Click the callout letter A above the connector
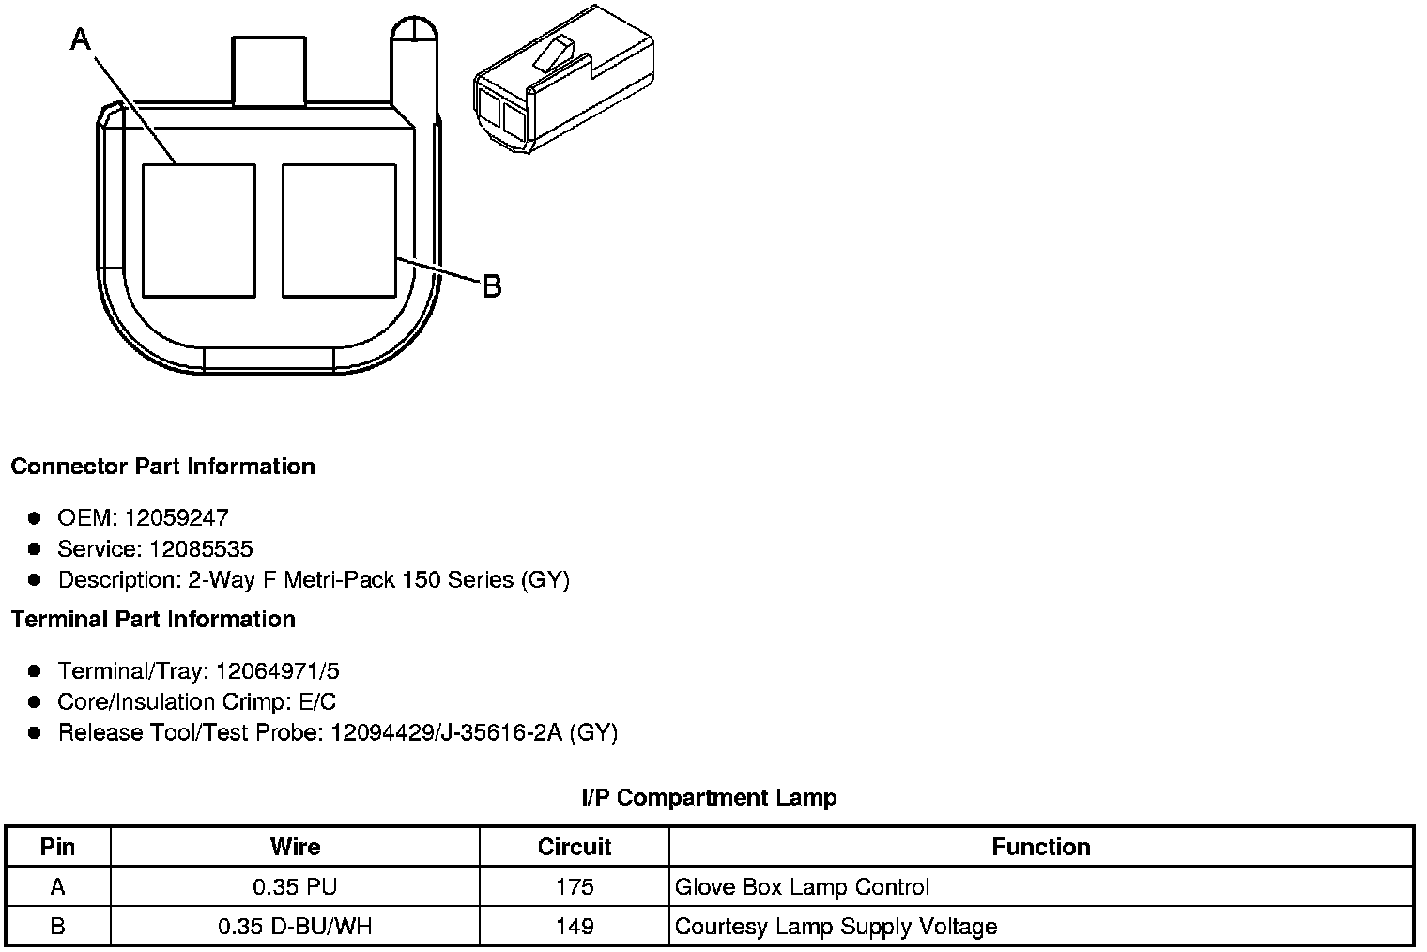[x=81, y=39]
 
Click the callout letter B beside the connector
[x=492, y=286]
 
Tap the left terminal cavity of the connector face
[x=199, y=231]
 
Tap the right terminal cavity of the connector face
[x=339, y=231]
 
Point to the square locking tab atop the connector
[x=269, y=70]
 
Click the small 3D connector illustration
[x=564, y=79]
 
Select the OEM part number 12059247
[x=176, y=517]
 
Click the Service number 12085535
[x=201, y=548]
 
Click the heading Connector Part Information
[x=163, y=467]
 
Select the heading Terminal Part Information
[x=153, y=620]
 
